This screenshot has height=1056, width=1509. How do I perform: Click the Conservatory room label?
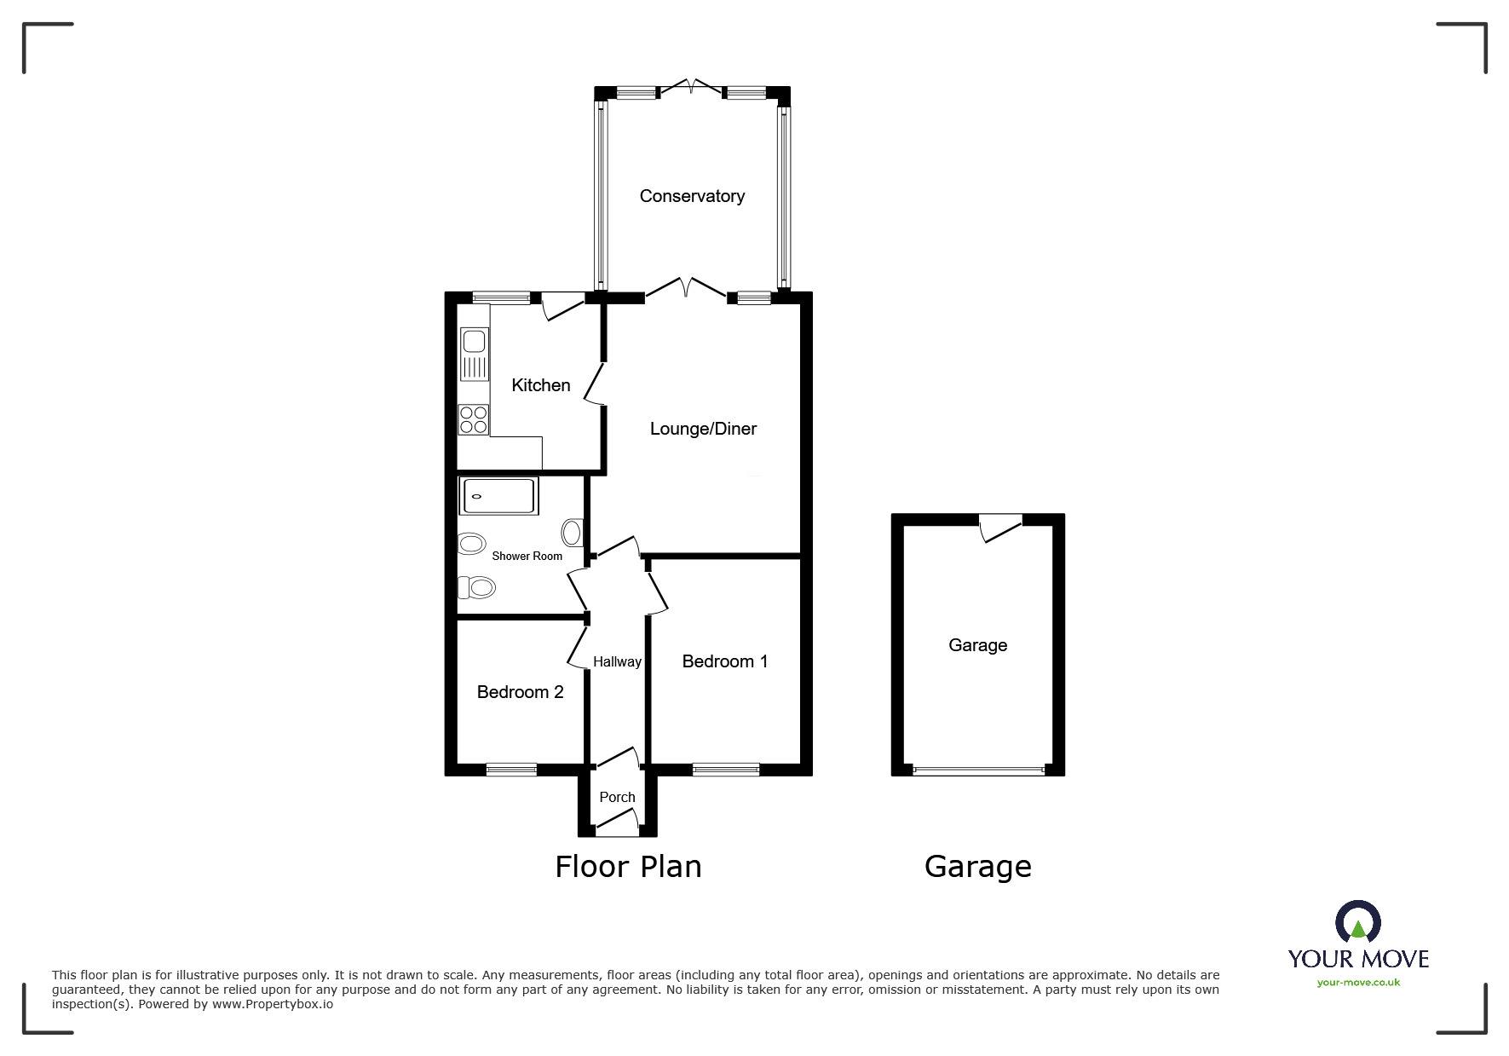(692, 196)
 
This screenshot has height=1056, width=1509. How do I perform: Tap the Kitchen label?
(540, 385)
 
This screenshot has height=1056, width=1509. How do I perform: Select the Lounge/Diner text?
(703, 429)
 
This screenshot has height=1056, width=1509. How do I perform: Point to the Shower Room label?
(527, 556)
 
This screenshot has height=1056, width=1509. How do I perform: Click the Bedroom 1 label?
(724, 661)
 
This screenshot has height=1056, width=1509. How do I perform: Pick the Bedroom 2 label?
(520, 692)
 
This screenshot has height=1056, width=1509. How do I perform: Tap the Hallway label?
(617, 661)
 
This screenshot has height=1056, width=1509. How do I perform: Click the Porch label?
(617, 797)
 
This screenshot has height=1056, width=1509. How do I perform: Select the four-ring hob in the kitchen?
(474, 419)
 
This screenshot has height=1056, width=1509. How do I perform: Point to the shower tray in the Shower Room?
(498, 496)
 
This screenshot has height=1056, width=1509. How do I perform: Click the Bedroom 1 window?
(726, 770)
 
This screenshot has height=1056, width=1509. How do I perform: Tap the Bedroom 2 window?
(511, 770)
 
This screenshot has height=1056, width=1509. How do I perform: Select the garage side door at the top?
(1000, 526)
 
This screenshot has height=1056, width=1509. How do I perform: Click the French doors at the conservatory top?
(692, 87)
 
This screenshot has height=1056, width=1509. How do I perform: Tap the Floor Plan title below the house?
(628, 867)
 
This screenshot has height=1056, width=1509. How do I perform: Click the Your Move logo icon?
(1357, 923)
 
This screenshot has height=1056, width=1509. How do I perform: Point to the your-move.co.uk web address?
(1358, 983)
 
